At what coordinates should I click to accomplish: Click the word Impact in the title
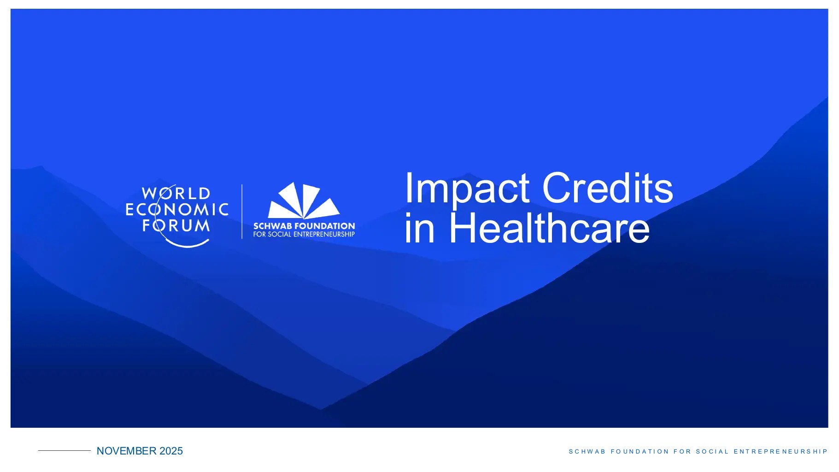click(467, 189)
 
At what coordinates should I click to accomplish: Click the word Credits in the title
click(608, 187)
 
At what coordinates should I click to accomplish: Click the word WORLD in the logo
click(176, 193)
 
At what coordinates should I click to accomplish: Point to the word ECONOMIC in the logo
click(177, 210)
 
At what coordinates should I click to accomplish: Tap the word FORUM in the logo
click(176, 226)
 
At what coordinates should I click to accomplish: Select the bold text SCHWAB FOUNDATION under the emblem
click(304, 226)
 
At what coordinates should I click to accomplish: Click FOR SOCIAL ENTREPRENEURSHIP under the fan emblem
click(304, 234)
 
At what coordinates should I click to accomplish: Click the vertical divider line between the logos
click(242, 212)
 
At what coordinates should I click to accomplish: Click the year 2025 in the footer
click(171, 451)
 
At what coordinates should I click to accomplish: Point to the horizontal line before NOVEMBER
click(65, 450)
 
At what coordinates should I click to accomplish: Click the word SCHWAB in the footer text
click(587, 452)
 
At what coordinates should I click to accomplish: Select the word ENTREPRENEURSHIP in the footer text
click(781, 452)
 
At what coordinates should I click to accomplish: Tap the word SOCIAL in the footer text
click(713, 452)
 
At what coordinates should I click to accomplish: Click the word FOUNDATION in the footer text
click(640, 452)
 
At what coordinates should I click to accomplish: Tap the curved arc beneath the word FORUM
click(187, 244)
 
